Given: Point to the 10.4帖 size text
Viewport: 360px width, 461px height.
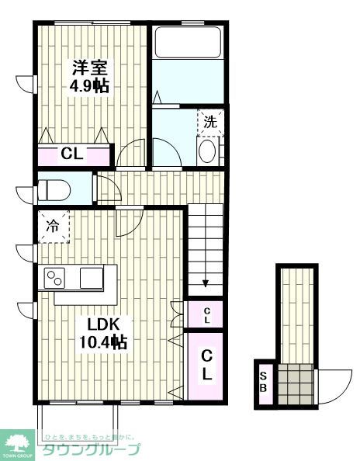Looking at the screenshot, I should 103,341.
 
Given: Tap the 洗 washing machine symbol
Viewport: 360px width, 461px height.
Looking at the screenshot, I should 209,122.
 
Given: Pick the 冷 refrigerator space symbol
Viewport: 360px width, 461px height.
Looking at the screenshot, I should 53,226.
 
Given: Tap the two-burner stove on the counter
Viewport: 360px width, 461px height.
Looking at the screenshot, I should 56,277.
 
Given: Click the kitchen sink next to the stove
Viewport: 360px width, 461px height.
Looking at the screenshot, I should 92,277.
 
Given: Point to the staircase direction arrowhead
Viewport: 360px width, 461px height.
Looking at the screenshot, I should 206,284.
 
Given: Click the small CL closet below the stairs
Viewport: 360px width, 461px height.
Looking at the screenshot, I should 206,314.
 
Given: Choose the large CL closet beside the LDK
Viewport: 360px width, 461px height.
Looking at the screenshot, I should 207,366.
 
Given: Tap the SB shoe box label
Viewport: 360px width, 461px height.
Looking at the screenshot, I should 264,383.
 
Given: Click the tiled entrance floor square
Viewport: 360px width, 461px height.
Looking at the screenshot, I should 296,383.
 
